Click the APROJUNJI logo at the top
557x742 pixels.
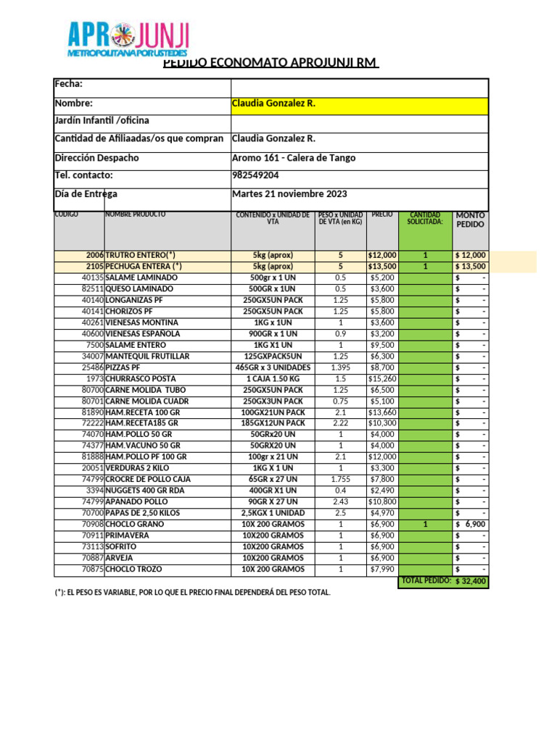128,40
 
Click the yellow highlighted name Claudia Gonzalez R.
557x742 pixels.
273,104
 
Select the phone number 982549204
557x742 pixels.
255,175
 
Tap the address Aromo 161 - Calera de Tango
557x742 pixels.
294,158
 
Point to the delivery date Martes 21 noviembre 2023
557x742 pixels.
289,193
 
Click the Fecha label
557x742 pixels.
69,85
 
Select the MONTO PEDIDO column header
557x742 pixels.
471,220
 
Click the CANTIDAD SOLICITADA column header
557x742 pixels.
425,218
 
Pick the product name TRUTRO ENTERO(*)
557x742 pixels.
141,255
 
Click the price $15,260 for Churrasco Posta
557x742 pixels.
382,379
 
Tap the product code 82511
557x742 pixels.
92,289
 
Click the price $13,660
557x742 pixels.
382,412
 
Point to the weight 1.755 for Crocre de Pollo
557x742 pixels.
341,480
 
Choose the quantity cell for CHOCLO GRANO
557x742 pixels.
425,525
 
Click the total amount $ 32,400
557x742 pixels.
471,582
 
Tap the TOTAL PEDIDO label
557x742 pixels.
426,581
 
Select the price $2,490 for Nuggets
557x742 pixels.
382,491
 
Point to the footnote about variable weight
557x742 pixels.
192,593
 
